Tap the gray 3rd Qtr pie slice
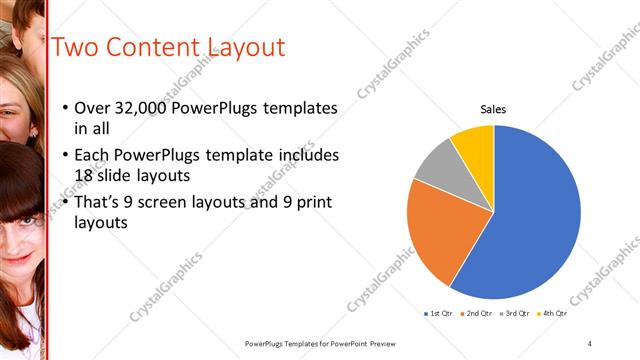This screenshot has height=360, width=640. click(x=437, y=165)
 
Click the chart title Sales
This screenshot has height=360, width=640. click(x=494, y=108)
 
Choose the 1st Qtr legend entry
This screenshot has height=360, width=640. click(x=439, y=314)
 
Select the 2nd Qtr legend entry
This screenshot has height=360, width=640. click(x=477, y=314)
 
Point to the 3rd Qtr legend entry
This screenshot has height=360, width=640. click(x=515, y=314)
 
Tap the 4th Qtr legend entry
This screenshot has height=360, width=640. click(x=553, y=314)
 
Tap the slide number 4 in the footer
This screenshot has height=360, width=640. click(x=590, y=343)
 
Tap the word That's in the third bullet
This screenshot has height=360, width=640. click(x=99, y=202)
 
